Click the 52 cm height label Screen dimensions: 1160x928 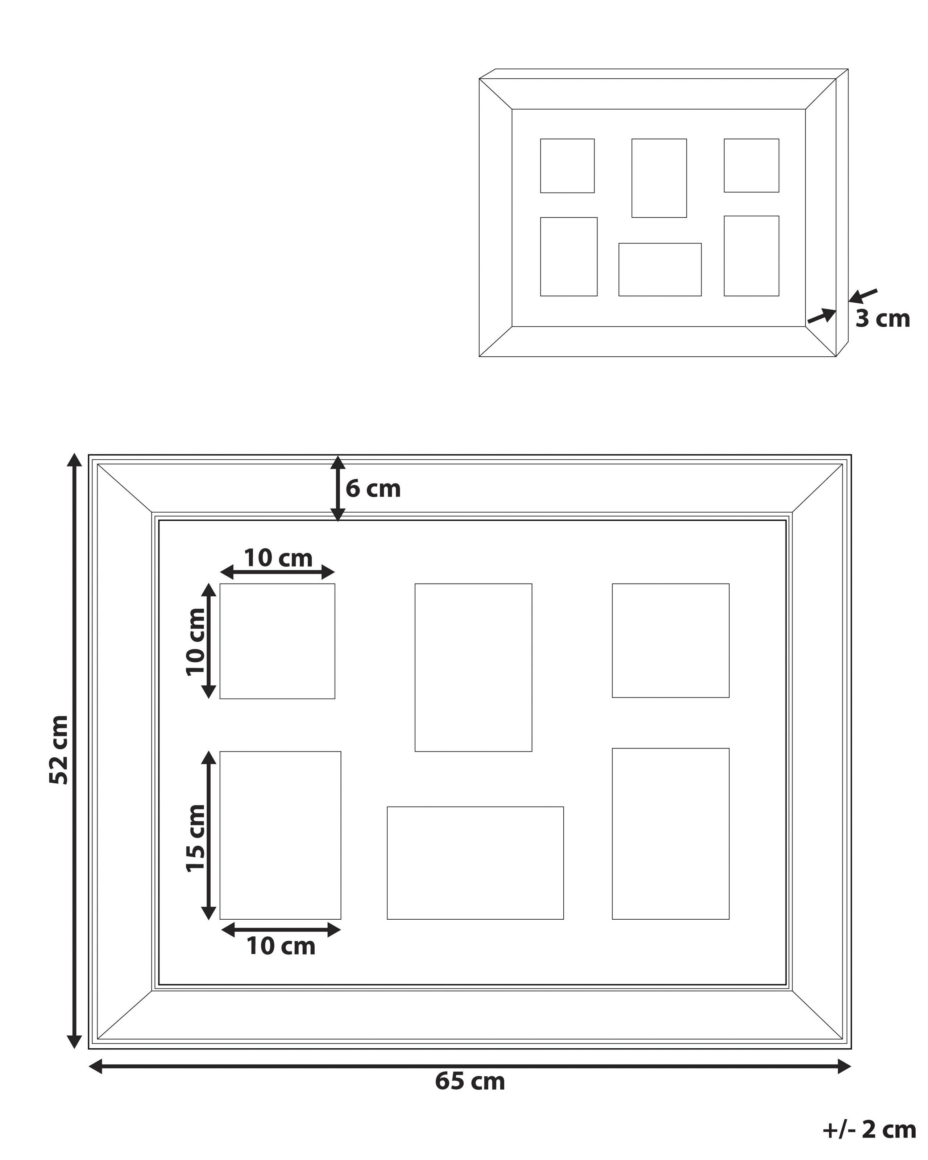[x=59, y=750]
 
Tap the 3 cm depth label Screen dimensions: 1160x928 [x=882, y=319]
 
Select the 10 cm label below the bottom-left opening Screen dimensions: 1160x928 [x=281, y=946]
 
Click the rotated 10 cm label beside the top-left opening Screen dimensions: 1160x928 [x=196, y=641]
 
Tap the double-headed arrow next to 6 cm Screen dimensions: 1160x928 [x=337, y=489]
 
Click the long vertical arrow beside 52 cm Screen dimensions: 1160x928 [x=74, y=750]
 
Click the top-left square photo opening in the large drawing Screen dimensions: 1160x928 [x=277, y=641]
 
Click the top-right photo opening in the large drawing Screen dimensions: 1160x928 [x=670, y=640]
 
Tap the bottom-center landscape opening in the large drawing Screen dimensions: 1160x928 [x=475, y=862]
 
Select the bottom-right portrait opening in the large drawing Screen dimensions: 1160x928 [x=670, y=833]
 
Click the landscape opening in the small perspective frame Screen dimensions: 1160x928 [x=659, y=270]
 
